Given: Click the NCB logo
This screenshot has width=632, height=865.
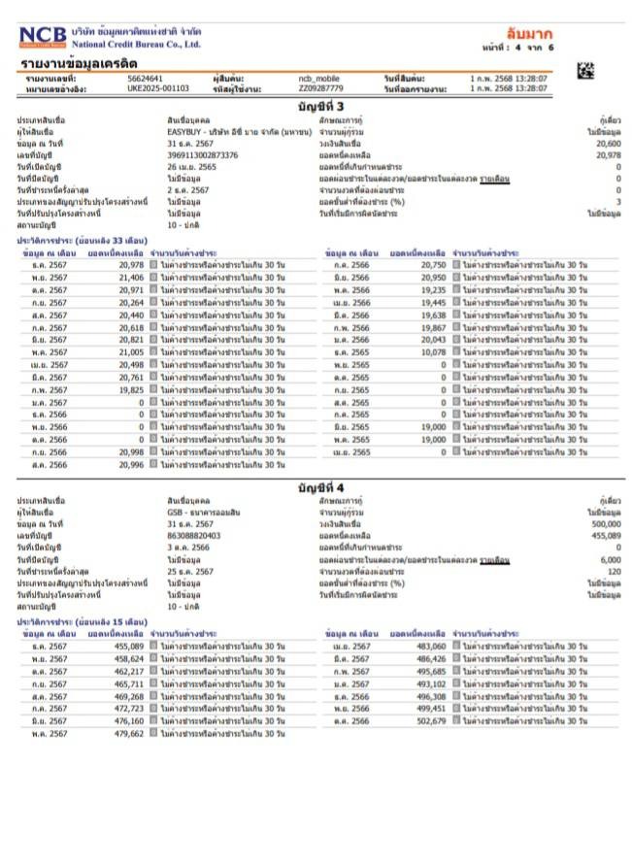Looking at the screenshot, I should pyautogui.click(x=44, y=36).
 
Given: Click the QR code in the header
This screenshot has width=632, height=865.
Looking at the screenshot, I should pyautogui.click(x=585, y=70).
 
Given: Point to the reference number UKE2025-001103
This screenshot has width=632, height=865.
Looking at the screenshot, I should pyautogui.click(x=158, y=88).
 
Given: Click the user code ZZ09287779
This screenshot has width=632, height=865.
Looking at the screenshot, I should pyautogui.click(x=320, y=88).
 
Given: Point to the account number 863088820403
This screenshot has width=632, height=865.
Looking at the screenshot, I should pyautogui.click(x=194, y=535).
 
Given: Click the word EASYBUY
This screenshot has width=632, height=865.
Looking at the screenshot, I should pyautogui.click(x=183, y=130).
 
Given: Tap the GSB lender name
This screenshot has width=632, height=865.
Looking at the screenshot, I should pyautogui.click(x=175, y=511).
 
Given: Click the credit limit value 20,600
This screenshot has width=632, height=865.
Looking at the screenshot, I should pyautogui.click(x=609, y=143).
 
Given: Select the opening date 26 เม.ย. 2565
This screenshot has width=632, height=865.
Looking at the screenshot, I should pyautogui.click(x=192, y=167).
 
